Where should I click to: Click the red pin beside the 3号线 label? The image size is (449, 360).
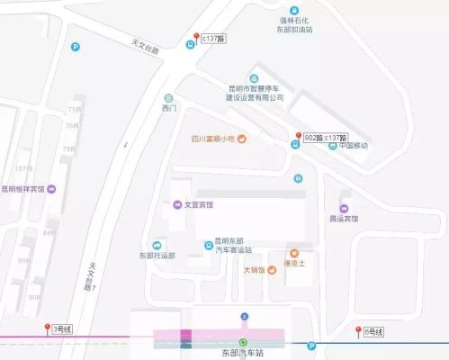(47, 329)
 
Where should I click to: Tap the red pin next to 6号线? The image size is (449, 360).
(359, 332)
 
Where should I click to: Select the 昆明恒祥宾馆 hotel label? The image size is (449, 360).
(24, 189)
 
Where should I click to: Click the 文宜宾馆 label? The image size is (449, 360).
(199, 204)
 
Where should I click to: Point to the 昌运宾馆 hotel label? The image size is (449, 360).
(342, 218)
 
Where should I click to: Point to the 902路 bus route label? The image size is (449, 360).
(312, 138)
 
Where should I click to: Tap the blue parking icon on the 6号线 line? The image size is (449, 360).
(311, 346)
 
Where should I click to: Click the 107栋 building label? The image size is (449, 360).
(22, 168)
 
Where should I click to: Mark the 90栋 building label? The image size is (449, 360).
(36, 297)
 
